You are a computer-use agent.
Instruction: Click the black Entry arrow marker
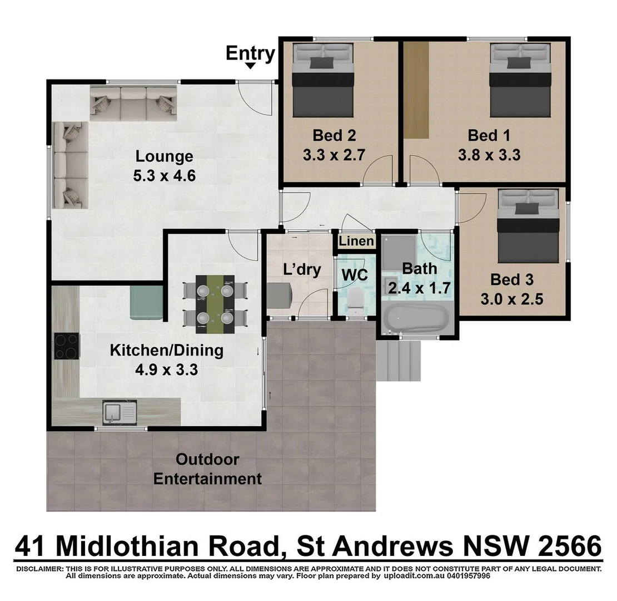point(251,66)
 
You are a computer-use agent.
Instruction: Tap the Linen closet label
point(356,241)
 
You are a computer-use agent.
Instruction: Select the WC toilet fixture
point(354,301)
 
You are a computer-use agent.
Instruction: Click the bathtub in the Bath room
point(416,319)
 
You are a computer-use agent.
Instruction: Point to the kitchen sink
point(119,412)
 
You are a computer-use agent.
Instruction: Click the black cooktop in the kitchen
point(67,346)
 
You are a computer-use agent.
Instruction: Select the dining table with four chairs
point(215,304)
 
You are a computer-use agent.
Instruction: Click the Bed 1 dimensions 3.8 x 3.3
point(489,155)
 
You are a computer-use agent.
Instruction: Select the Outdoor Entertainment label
point(207,469)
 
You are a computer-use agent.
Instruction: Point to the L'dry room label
point(302,270)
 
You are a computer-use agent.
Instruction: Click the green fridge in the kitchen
point(146,302)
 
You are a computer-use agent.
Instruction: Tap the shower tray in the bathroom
point(399,252)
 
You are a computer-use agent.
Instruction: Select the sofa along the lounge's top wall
point(133,103)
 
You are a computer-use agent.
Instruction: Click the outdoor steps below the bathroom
point(399,361)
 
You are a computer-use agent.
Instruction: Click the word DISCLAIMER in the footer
point(39,569)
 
